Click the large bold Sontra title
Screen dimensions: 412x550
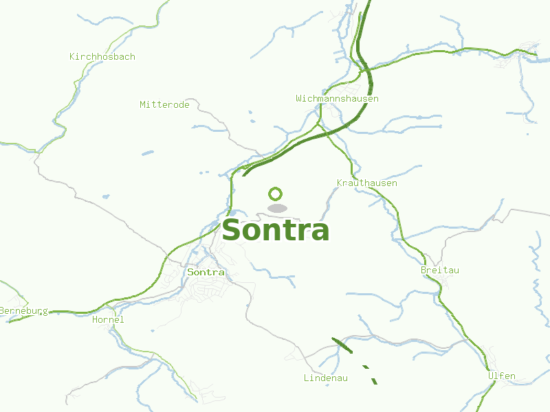[x=275, y=230]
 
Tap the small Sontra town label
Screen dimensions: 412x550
[x=206, y=272]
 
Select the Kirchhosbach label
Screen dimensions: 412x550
[x=102, y=56]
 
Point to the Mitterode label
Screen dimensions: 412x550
[x=164, y=104]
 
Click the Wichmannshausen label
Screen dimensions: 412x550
[x=337, y=98]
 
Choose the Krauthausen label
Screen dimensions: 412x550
[x=366, y=183]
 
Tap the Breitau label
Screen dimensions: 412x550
[x=439, y=270]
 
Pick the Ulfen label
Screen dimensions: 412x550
[x=501, y=376]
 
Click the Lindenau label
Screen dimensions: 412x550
[x=326, y=378]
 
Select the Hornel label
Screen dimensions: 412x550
[x=108, y=319]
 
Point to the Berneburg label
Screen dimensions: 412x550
[x=24, y=311]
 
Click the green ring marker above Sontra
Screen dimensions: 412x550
[x=276, y=194]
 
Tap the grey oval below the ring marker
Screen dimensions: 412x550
[x=276, y=207]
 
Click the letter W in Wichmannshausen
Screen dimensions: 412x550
[x=299, y=98]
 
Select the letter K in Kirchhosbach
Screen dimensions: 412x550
[x=72, y=56]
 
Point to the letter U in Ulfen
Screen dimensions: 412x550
[x=491, y=376]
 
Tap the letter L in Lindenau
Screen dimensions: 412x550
[x=307, y=378]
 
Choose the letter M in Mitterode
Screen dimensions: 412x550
[x=143, y=104]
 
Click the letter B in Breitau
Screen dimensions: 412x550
[x=424, y=270]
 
